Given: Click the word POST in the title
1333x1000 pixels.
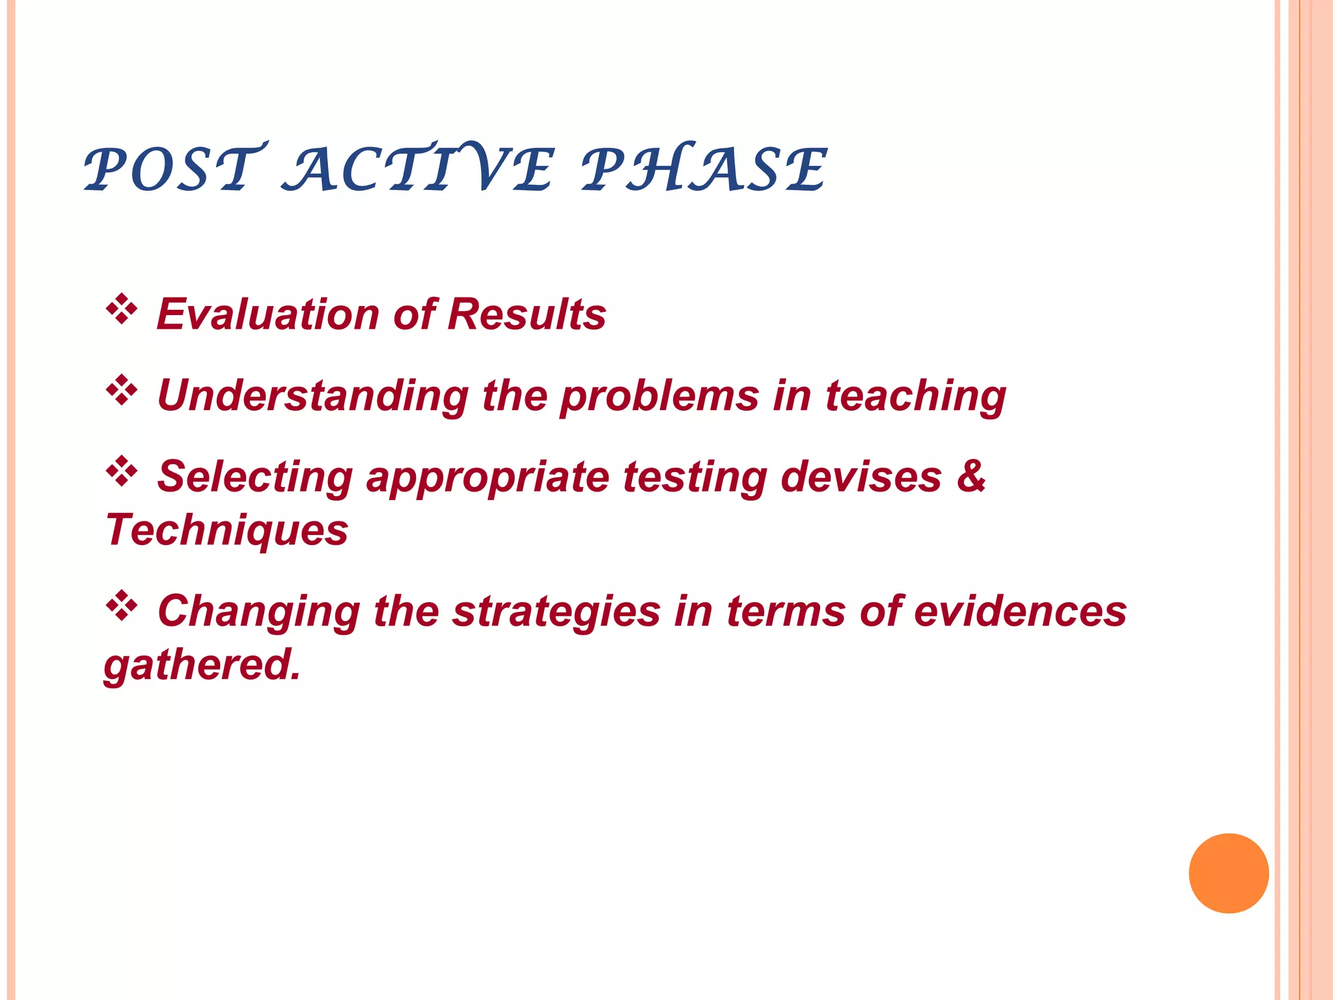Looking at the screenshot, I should click(x=174, y=169).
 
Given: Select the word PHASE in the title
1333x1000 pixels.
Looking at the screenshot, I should click(x=704, y=169).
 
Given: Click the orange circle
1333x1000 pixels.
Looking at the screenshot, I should click(x=1228, y=873).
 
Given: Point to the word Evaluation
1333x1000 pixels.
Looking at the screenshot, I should click(x=268, y=314).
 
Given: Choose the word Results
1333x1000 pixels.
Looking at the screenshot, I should click(x=527, y=314).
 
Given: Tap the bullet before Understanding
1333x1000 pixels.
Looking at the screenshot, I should click(x=122, y=391).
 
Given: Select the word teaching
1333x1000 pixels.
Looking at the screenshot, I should click(x=915, y=396).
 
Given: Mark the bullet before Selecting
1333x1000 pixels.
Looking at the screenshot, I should click(x=122, y=471).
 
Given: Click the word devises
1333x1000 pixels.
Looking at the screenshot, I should click(x=860, y=477).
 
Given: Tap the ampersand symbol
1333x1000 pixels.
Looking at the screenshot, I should click(x=971, y=477).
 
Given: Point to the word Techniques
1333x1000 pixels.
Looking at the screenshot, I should click(x=227, y=530).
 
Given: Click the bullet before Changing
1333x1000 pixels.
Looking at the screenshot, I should click(x=122, y=606).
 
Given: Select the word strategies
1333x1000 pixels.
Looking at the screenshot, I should click(x=557, y=613).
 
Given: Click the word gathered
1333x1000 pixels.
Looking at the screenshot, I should click(x=202, y=665).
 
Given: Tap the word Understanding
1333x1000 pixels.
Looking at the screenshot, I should click(x=313, y=396).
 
